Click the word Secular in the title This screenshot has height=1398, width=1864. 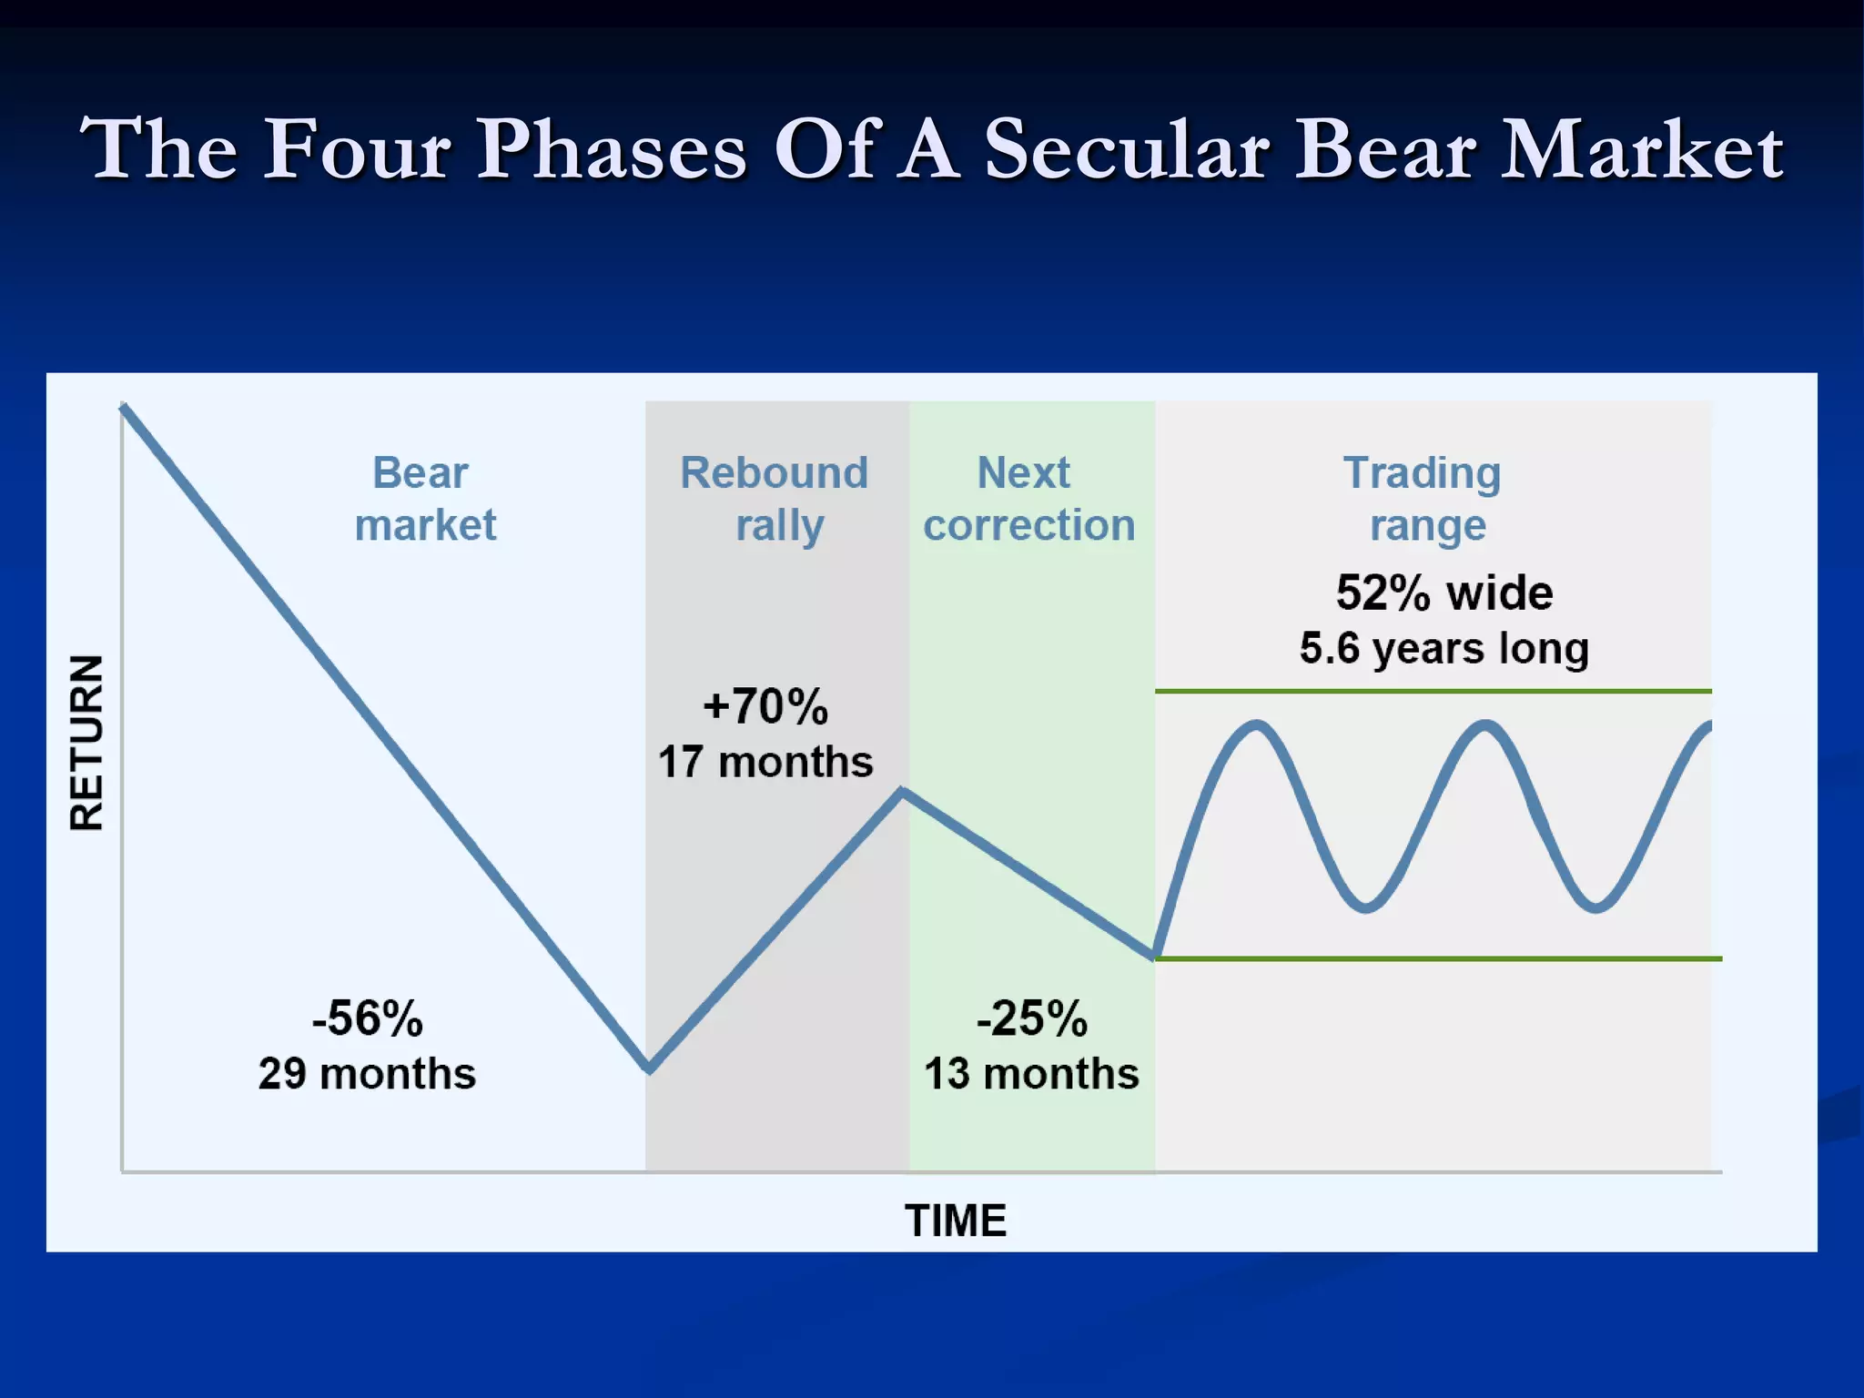[x=1127, y=149]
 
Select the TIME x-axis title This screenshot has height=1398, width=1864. [x=956, y=1221]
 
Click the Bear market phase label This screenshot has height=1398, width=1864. [x=424, y=499]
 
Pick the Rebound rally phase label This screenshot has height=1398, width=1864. [x=775, y=499]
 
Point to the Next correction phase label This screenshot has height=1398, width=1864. [x=1028, y=499]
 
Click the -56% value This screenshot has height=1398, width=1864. [x=367, y=1018]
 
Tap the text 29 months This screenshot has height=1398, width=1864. [x=367, y=1074]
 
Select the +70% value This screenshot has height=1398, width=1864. [x=765, y=707]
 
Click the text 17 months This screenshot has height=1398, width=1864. [x=765, y=762]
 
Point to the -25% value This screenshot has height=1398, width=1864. [x=1031, y=1018]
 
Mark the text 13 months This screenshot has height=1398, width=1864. [x=1031, y=1074]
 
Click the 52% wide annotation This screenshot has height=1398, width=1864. [x=1444, y=593]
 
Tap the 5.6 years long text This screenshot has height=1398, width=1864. [x=1444, y=649]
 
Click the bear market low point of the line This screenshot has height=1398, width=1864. [x=649, y=1068]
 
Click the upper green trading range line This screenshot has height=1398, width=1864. [x=1433, y=692]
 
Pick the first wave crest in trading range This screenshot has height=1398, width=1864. [x=1256, y=725]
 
